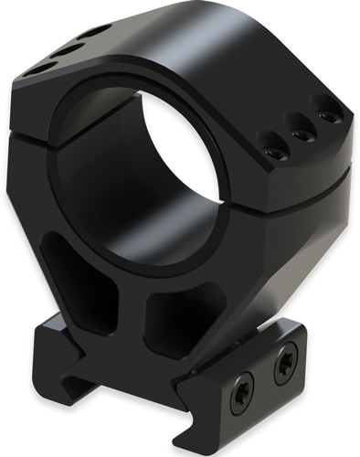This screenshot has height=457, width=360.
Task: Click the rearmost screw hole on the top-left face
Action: click(93, 32)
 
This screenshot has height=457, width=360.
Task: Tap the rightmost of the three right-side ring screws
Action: click(324, 116)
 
